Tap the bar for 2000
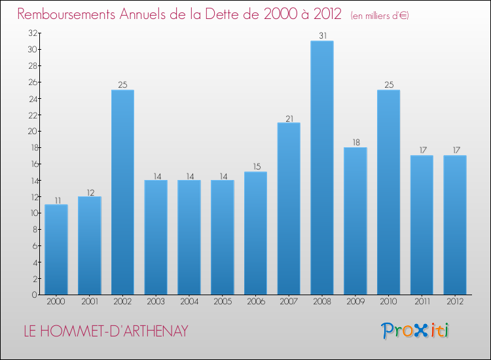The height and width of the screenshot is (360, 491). tap(56, 249)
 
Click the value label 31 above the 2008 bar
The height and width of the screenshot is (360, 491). tap(322, 36)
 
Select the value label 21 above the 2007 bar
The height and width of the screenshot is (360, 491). tap(289, 118)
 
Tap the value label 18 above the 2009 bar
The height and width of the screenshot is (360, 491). tap(355, 143)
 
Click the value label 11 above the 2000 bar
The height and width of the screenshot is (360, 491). tap(56, 200)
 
